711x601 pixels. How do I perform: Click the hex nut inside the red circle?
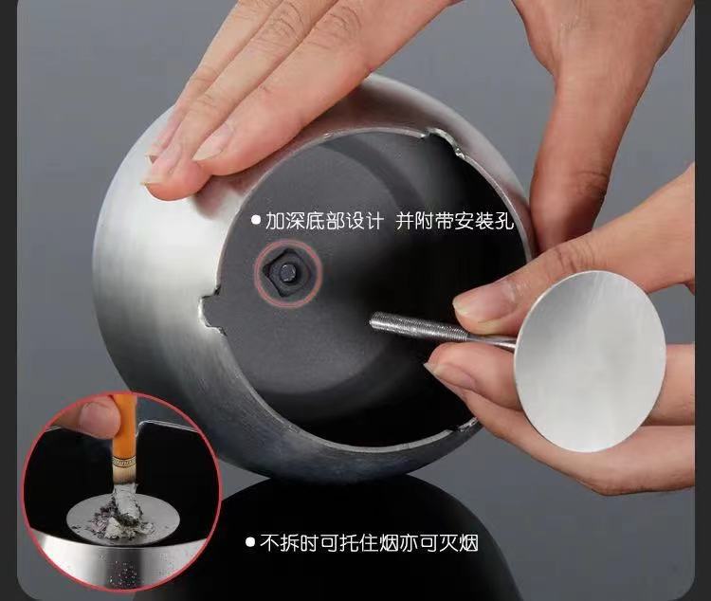[287, 272]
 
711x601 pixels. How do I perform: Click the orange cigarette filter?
[123, 434]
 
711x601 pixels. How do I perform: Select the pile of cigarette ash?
[120, 515]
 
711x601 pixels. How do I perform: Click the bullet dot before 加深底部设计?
[256, 221]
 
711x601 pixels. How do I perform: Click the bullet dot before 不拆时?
[250, 541]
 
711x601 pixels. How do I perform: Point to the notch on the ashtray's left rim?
[210, 311]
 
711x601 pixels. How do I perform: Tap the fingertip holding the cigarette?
[96, 417]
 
